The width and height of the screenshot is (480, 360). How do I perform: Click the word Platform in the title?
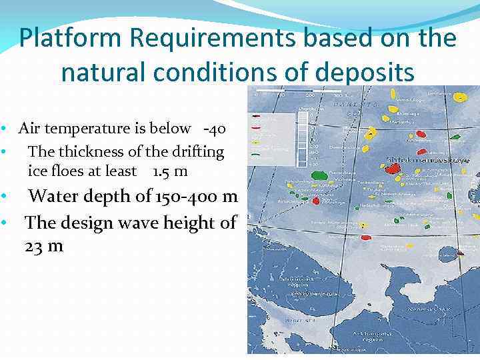70,39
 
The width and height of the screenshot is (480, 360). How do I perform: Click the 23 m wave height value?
44,246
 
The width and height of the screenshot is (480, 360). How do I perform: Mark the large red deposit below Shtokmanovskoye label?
393,169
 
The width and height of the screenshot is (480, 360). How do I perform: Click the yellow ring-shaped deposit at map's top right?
460,97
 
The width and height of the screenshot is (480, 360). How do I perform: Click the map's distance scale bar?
299,90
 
